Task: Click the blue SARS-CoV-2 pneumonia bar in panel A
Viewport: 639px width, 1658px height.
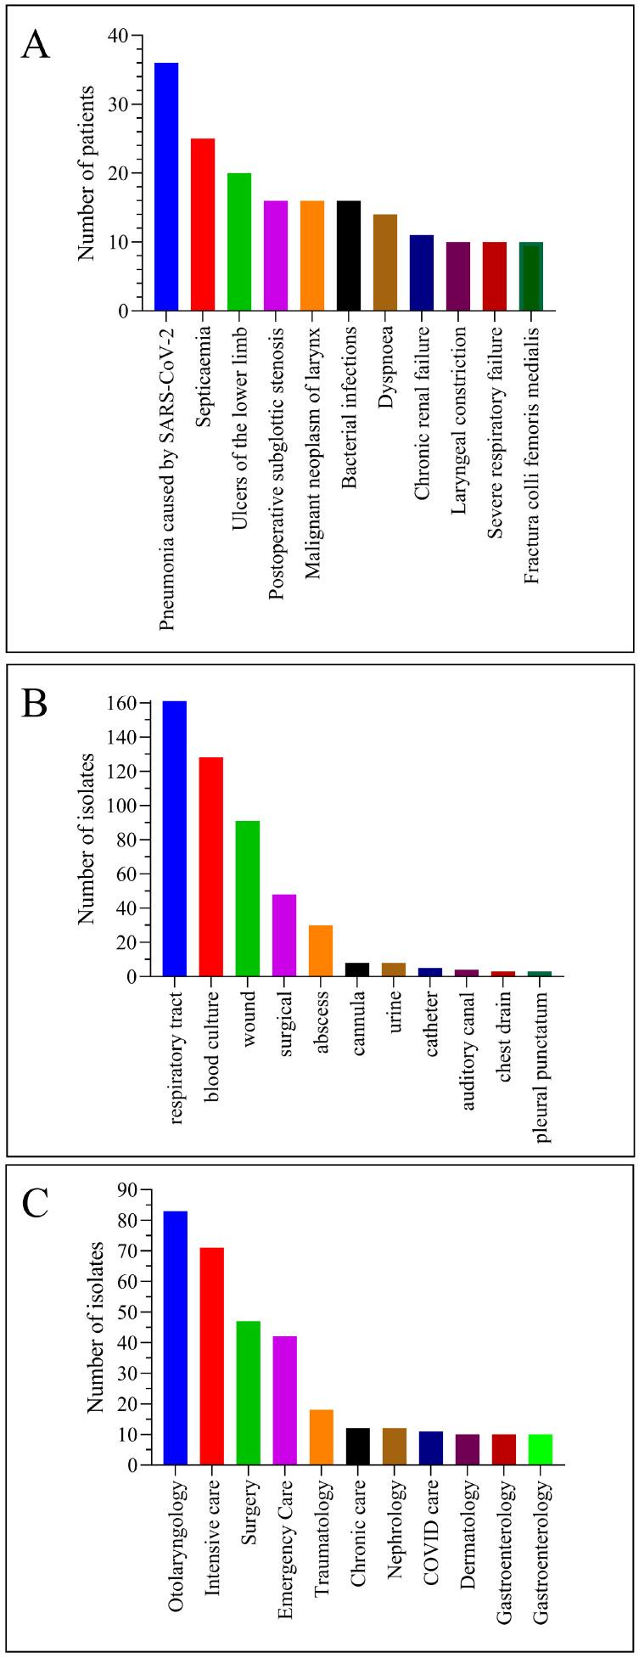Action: tap(166, 187)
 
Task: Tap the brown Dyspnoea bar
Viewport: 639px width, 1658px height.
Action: tap(385, 262)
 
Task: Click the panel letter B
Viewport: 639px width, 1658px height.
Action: tap(34, 704)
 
